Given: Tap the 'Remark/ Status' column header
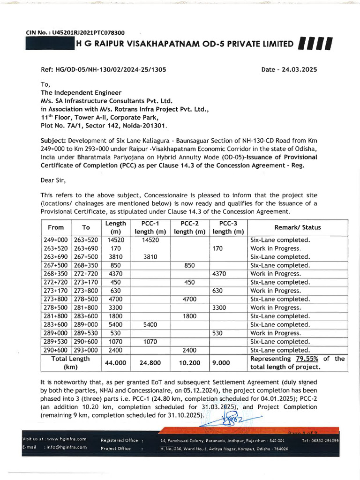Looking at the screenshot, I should [x=298, y=227].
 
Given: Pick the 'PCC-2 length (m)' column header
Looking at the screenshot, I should [x=190, y=227].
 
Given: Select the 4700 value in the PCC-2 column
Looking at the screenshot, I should [x=189, y=299].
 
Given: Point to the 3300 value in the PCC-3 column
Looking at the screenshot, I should [x=220, y=307].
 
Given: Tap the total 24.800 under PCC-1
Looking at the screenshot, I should [x=151, y=362].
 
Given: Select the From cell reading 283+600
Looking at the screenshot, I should [x=56, y=324].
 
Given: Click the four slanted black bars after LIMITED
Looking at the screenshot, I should [x=315, y=44].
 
